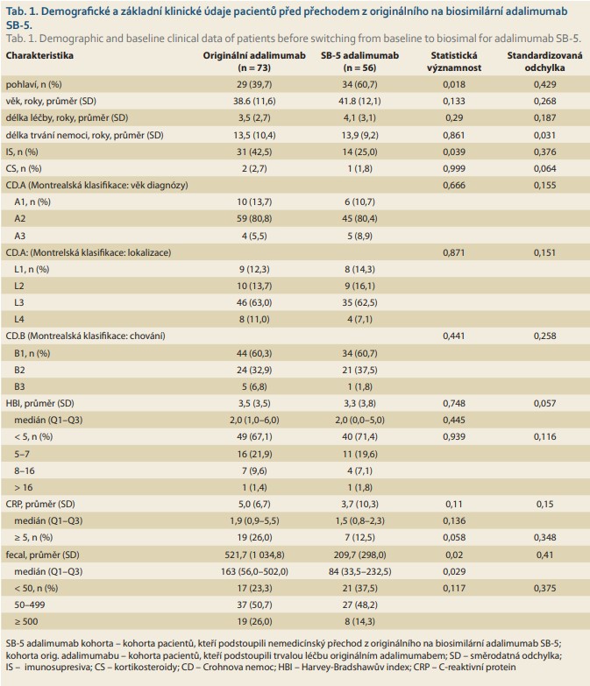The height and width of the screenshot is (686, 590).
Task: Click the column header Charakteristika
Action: click(39, 55)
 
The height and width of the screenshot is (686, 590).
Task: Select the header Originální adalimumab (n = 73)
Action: click(254, 61)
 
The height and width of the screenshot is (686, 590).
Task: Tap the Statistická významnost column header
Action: click(454, 61)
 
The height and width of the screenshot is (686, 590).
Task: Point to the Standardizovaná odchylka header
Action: click(544, 61)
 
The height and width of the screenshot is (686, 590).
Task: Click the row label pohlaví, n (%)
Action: click(33, 84)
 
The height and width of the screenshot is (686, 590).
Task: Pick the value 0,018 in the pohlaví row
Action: click(454, 84)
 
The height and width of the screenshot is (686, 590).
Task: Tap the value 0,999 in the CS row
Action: click(454, 168)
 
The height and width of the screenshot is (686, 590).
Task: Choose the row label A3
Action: click(19, 236)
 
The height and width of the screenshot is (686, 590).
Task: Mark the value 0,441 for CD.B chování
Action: click(454, 336)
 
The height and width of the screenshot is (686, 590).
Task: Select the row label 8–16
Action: click(24, 470)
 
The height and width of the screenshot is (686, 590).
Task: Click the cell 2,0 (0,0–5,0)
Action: click(359, 420)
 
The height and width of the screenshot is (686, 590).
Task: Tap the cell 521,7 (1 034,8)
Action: click(254, 555)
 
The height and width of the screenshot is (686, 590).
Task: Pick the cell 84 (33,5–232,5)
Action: click(359, 571)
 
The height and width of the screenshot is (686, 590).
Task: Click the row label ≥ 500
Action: click(25, 621)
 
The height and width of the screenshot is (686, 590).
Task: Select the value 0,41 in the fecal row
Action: click(544, 555)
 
